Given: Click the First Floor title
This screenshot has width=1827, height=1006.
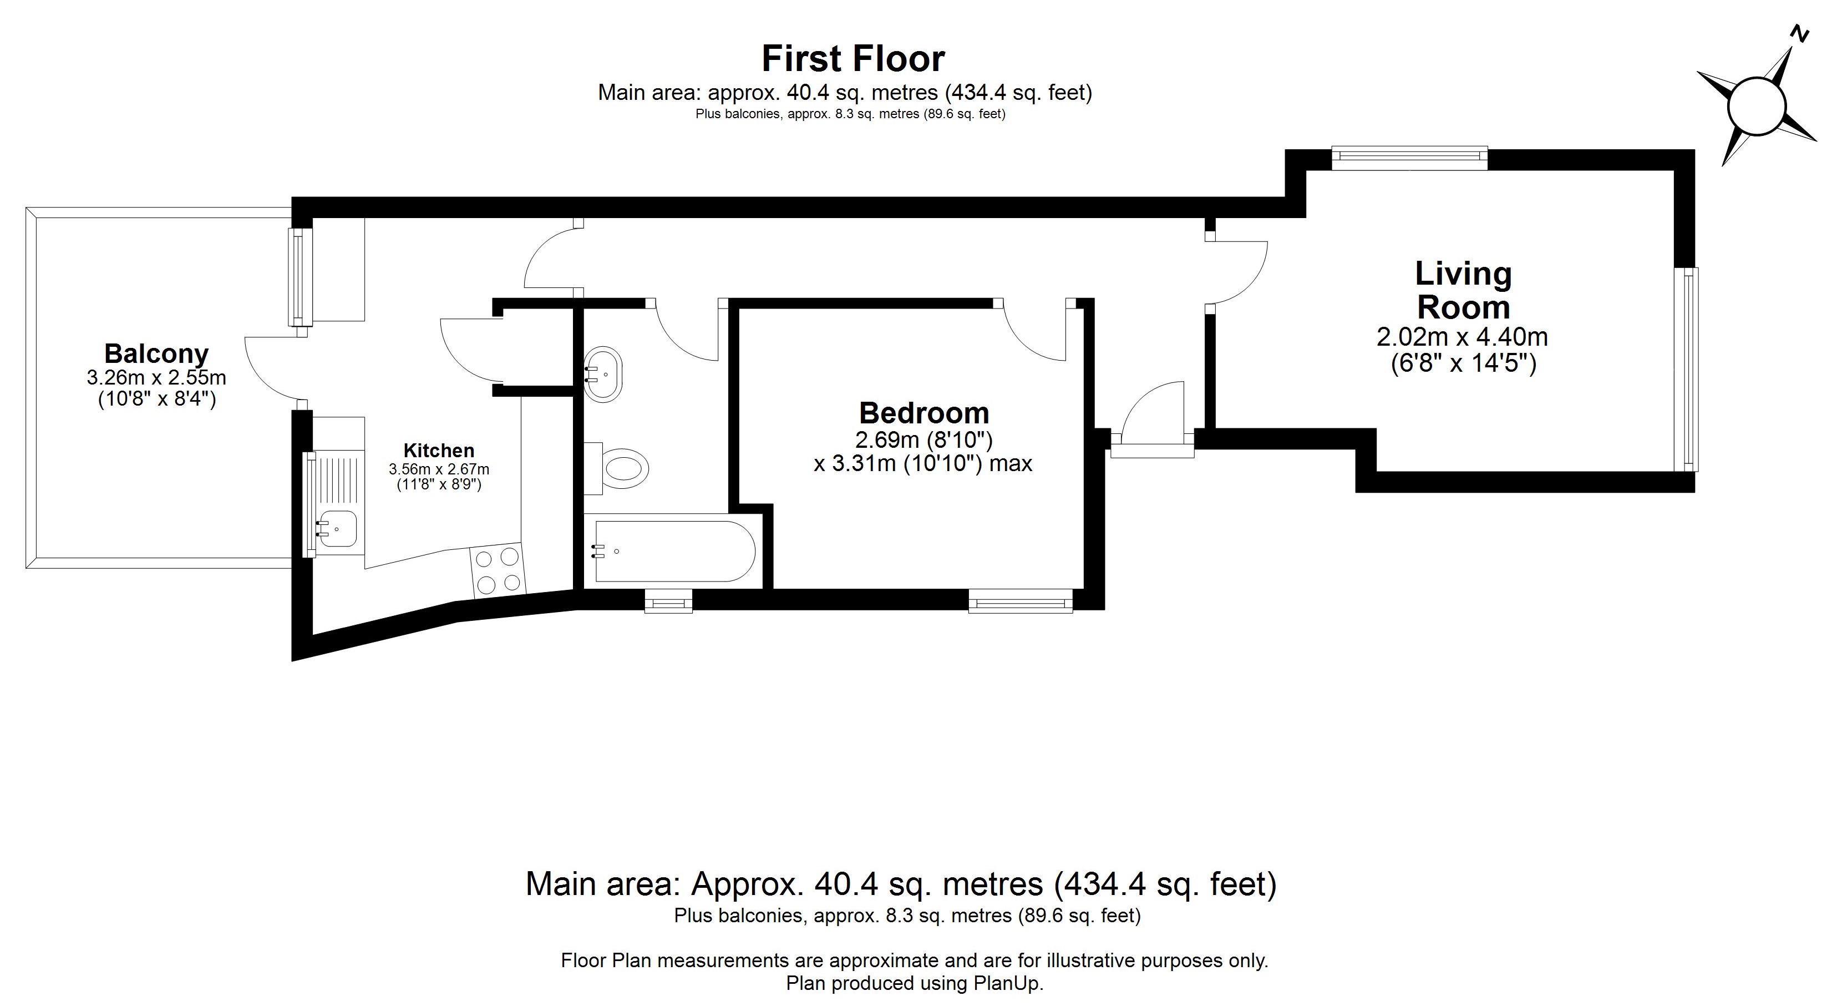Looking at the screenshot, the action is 852,59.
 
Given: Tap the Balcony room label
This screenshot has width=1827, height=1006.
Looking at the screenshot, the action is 157,353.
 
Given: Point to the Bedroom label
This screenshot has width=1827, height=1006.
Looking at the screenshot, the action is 923,413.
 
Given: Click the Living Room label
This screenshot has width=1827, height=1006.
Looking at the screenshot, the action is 1463,290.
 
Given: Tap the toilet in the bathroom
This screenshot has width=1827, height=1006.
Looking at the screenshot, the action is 616,468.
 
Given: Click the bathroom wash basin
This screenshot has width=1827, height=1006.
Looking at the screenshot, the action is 603,375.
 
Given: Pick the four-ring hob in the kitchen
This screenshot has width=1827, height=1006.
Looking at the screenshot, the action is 497,570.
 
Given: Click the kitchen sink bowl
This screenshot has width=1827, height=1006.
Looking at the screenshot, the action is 337,529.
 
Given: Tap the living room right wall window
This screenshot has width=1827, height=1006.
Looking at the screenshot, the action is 1687,369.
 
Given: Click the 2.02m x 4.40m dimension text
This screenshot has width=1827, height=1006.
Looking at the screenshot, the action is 1463,336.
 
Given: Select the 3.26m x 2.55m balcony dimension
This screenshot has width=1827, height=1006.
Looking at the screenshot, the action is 157,377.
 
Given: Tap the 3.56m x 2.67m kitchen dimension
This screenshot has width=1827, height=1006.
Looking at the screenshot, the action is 439,469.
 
